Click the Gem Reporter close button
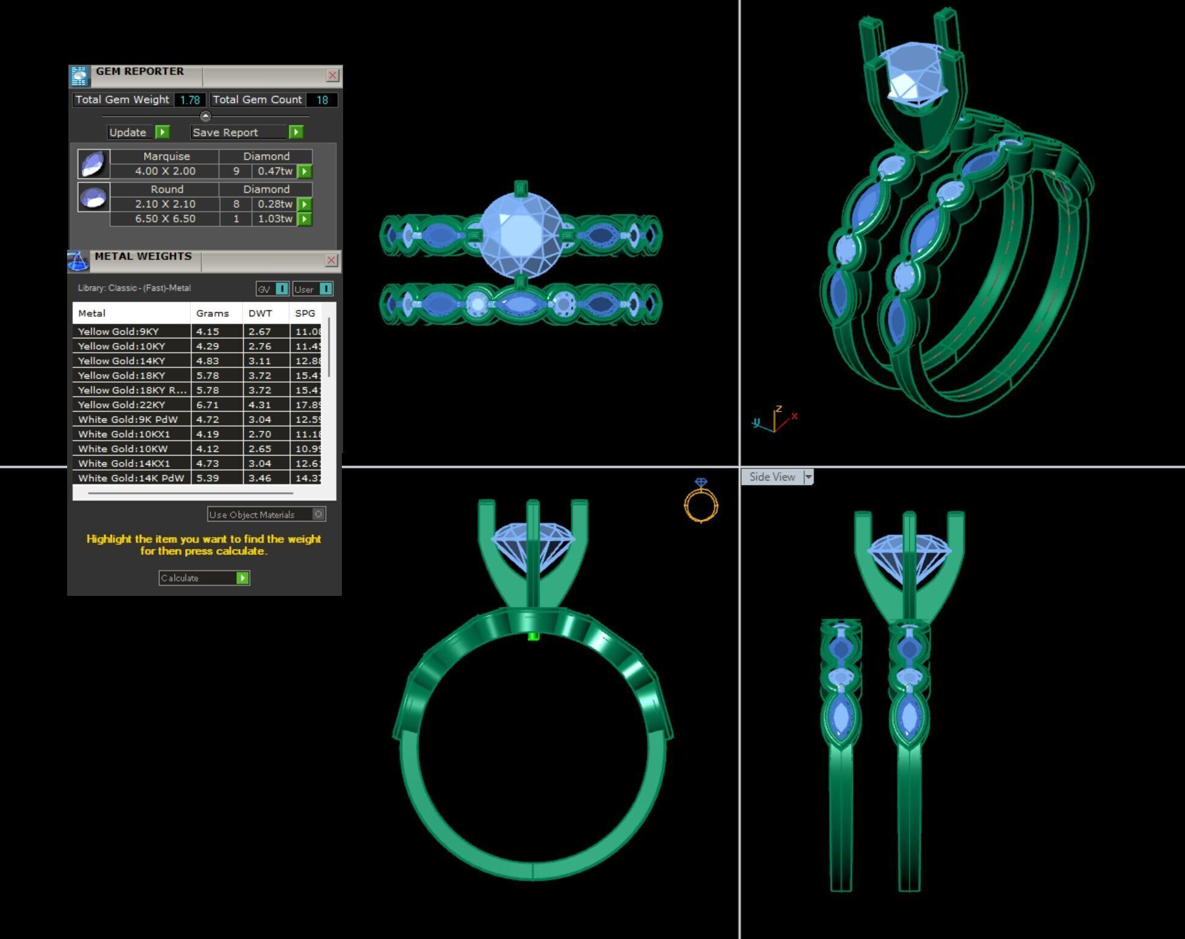coord(332,75)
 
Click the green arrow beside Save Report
coord(296,132)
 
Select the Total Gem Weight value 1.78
coord(190,100)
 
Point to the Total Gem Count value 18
coord(322,100)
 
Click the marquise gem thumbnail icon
coord(94,164)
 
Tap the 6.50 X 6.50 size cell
coord(165,219)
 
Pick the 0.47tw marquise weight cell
coord(275,172)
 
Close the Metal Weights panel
coord(331,261)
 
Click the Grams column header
coord(212,313)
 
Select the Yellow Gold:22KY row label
coord(121,405)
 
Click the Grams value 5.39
coord(208,478)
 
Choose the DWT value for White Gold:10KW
coord(260,449)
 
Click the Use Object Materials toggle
coord(318,514)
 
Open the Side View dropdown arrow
coord(809,477)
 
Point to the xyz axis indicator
coord(774,420)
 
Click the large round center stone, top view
coord(520,233)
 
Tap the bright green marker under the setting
coord(533,637)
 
